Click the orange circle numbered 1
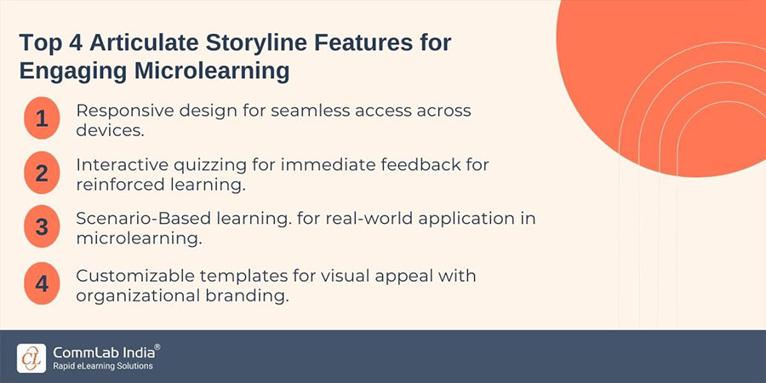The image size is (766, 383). coord(42,121)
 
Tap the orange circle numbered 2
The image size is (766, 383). coord(42,174)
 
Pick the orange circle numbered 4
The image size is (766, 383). coord(42,282)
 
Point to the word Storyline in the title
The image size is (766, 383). coord(274,43)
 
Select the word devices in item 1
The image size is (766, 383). coord(107,130)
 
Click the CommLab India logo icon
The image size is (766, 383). coord(31,357)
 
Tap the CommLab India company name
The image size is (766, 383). coord(106,351)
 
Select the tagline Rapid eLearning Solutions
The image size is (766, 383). coord(103,366)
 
